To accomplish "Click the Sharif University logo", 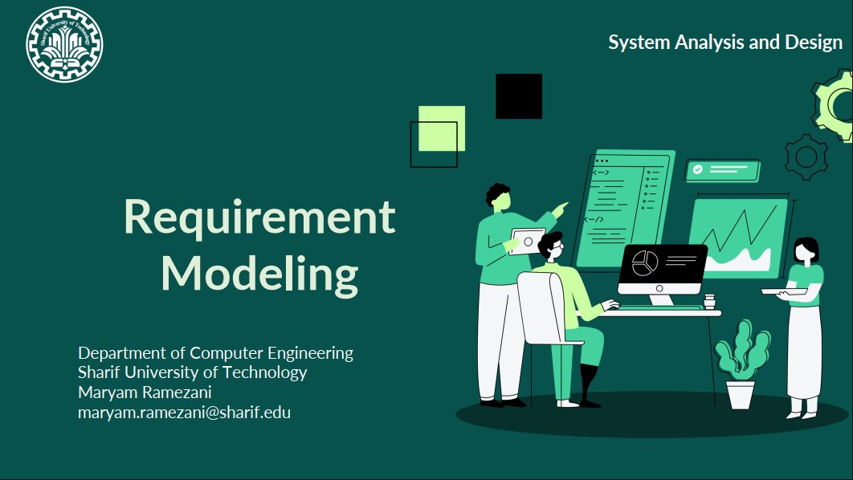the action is [64, 45].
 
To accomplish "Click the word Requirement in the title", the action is [259, 218].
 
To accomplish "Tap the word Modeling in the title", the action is [259, 275].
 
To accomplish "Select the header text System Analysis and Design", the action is [725, 43].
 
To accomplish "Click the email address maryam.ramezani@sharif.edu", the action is [184, 413].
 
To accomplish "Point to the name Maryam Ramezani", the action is [145, 393].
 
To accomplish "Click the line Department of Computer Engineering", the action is [215, 353].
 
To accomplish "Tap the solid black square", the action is [519, 96].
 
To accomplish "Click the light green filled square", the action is [442, 128].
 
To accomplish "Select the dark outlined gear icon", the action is [806, 157].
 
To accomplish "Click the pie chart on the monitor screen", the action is [645, 263].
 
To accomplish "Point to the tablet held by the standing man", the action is [527, 242].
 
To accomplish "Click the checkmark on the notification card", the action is [697, 169].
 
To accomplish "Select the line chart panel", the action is [738, 238].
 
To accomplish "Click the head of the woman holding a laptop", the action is [806, 250].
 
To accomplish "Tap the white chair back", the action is [541, 307].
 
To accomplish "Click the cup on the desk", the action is [709, 301].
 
